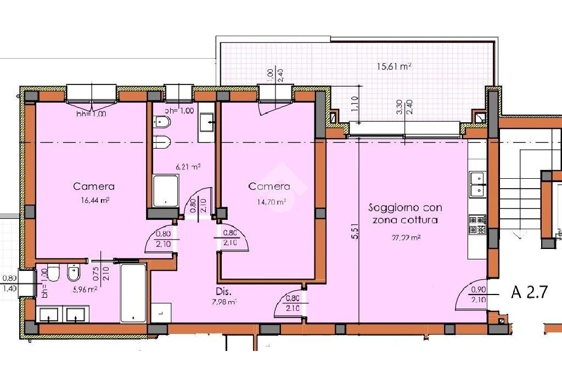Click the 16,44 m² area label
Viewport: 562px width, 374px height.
(x=94, y=201)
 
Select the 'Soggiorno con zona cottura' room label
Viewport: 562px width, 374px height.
(x=405, y=214)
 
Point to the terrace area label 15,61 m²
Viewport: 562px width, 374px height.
(x=394, y=66)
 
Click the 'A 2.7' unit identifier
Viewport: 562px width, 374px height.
(x=529, y=292)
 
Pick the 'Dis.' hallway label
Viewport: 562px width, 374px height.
(x=222, y=292)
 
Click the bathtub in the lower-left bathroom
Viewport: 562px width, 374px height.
(x=133, y=293)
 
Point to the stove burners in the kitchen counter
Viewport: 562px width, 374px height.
(x=477, y=224)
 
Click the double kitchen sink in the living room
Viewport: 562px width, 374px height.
(x=477, y=184)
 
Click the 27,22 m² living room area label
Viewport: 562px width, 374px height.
(x=406, y=238)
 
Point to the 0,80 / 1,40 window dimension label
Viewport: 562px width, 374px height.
(x=9, y=283)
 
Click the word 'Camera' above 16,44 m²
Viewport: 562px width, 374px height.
(x=94, y=187)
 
